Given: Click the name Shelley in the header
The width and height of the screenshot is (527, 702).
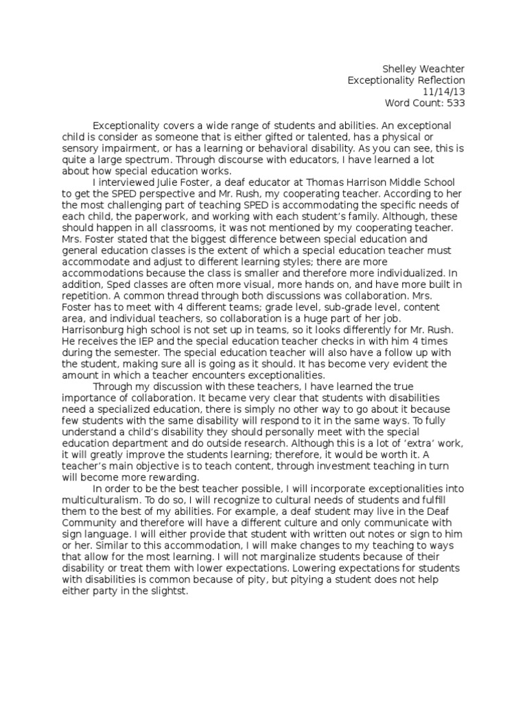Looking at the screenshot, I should pos(398,69).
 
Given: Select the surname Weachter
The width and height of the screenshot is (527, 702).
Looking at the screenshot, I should pos(441,69).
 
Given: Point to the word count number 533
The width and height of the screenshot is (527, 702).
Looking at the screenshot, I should pos(456,103).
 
